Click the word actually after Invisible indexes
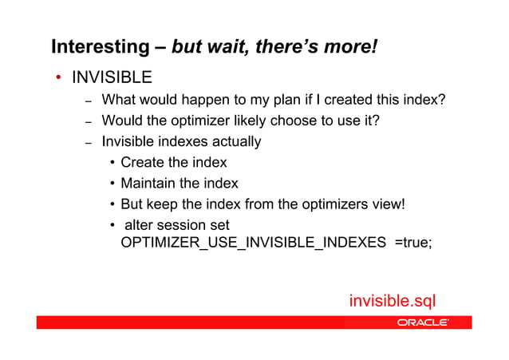233,142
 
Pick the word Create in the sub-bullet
140,163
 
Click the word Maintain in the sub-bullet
148,184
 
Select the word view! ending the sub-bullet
389,204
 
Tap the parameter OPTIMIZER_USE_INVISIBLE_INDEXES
253,243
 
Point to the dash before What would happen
89,101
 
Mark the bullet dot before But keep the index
112,205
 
